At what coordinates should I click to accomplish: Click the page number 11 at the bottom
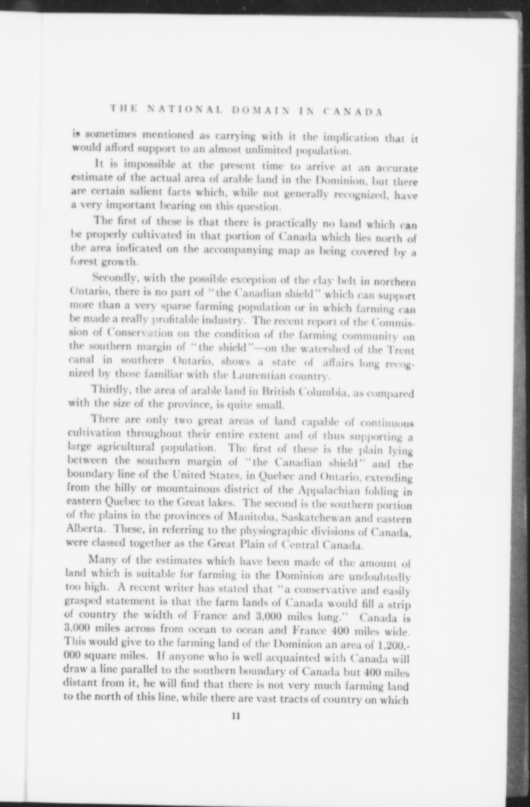tap(236, 716)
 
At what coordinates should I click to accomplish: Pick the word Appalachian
tap(328, 490)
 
